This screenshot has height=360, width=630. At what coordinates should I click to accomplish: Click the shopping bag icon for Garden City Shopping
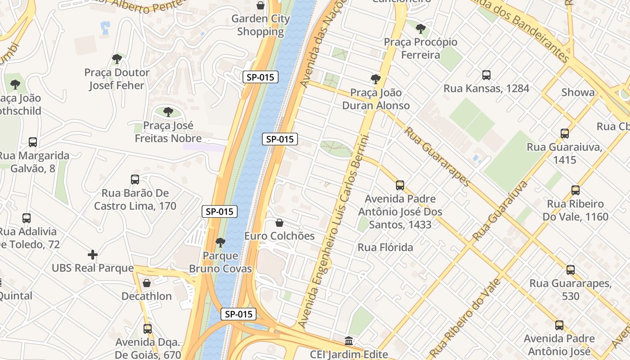click(260, 5)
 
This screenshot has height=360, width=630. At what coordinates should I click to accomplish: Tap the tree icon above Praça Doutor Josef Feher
click(117, 58)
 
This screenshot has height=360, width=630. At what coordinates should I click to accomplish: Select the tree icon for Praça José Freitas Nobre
click(168, 112)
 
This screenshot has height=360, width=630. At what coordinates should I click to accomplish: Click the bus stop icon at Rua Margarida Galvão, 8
click(33, 142)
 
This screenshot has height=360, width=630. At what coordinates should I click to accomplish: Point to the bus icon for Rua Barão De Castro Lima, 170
click(135, 179)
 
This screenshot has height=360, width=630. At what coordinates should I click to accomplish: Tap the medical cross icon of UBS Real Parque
click(93, 255)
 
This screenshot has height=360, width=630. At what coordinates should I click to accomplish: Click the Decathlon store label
click(147, 296)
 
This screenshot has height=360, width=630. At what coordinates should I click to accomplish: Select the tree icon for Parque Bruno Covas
click(220, 243)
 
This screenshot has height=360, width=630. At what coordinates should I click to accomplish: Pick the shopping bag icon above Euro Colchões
click(279, 223)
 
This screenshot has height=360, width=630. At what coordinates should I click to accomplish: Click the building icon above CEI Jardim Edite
click(349, 341)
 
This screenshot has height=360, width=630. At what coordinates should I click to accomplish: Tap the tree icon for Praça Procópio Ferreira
click(421, 29)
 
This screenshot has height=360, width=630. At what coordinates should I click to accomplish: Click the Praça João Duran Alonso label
click(376, 99)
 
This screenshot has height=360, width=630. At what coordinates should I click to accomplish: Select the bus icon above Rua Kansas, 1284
click(486, 75)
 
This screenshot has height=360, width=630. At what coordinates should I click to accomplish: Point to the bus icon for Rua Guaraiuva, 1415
click(565, 134)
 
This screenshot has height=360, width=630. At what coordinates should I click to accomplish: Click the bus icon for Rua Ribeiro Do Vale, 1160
click(576, 190)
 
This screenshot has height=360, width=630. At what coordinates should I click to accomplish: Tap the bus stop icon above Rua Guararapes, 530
click(571, 270)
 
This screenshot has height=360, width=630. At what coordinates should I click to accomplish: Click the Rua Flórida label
click(385, 247)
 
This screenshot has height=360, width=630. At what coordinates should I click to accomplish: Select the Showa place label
click(578, 92)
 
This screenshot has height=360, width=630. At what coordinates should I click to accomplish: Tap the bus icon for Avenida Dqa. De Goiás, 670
click(148, 328)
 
